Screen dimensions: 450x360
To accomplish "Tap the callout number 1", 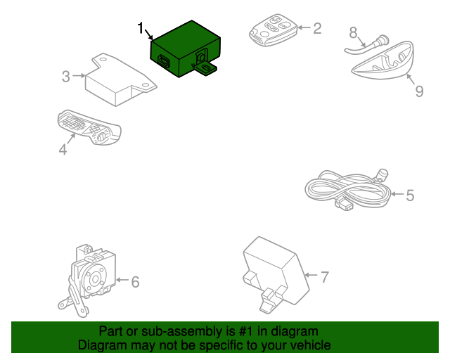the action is click(140, 28).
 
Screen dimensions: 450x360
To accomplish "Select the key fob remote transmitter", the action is click(273, 30).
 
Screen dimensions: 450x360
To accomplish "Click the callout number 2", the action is click(317, 28).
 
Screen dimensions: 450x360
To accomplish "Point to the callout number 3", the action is click(65, 77).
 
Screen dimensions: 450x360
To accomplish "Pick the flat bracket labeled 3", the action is click(120, 79).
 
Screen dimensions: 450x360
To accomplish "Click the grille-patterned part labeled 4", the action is click(89, 127).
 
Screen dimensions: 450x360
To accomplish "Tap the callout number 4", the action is click(63, 150).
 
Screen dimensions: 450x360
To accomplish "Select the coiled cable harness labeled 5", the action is click(348, 189).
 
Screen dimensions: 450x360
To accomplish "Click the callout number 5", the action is click(410, 195).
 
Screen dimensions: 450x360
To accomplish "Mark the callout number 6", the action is click(135, 282).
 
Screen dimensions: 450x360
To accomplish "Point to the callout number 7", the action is click(325, 277).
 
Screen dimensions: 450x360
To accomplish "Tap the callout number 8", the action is click(353, 32).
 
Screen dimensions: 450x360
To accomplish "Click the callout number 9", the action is click(419, 91).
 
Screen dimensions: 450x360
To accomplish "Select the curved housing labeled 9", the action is click(383, 60).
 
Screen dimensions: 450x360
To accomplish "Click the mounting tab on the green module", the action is click(206, 69).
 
